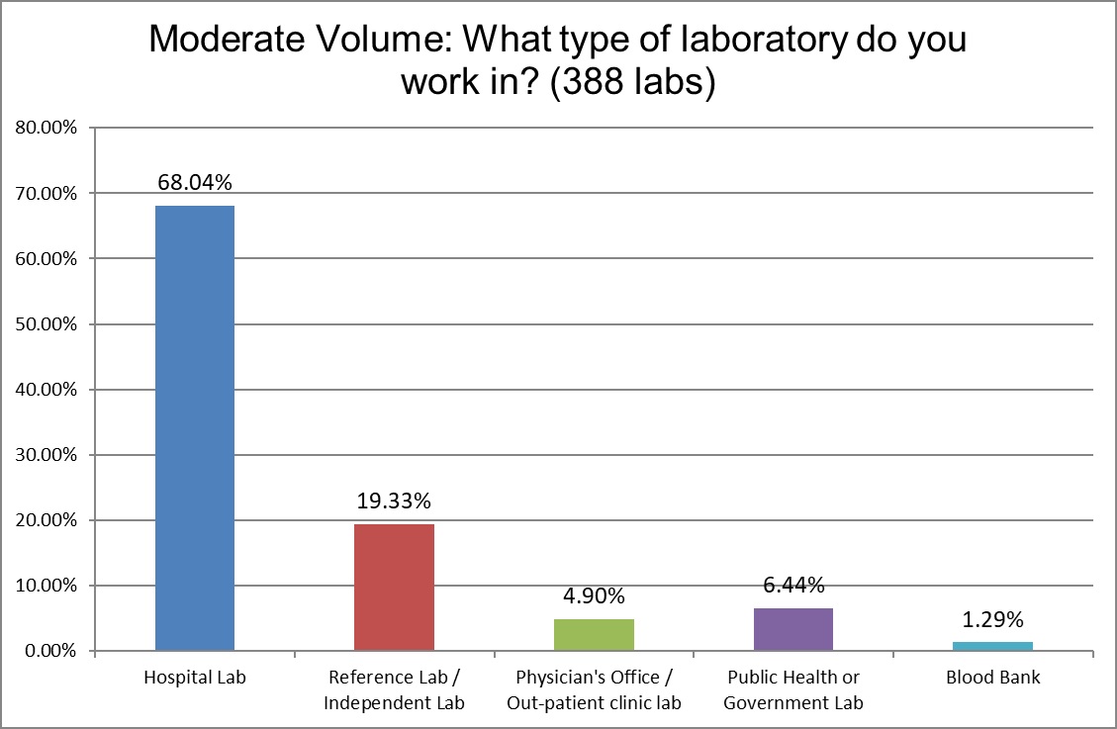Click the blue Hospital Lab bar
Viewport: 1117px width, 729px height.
(x=195, y=428)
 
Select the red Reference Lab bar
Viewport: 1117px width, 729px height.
(x=394, y=587)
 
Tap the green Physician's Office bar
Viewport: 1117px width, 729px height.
(x=594, y=634)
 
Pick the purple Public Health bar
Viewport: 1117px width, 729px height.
(x=792, y=629)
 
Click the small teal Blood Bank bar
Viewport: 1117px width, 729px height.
(x=992, y=646)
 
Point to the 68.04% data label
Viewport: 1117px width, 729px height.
(x=195, y=182)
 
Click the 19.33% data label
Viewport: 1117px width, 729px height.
(x=394, y=501)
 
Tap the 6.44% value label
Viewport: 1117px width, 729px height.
(x=792, y=585)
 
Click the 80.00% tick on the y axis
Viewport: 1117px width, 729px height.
(x=47, y=128)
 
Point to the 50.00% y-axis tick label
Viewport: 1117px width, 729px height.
(x=47, y=324)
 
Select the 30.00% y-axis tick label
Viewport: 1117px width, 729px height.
(x=47, y=455)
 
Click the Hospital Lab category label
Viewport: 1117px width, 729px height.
(x=195, y=679)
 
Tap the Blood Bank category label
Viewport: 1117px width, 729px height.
(x=992, y=679)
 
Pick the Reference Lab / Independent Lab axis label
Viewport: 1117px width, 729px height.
(x=394, y=690)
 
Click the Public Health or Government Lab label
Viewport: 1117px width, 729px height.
(x=792, y=690)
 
